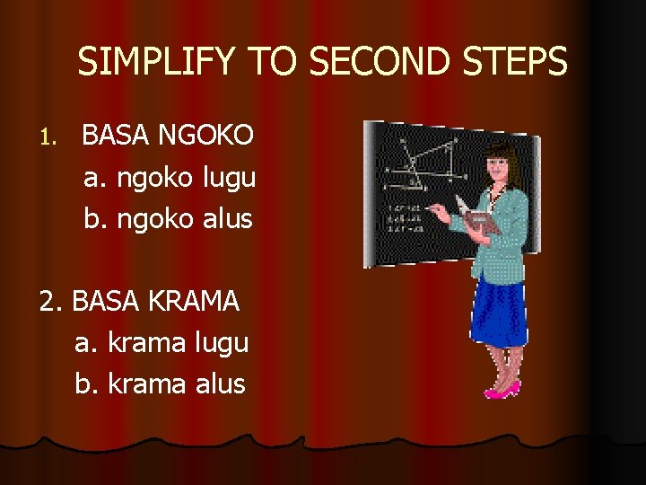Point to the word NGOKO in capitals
point(206,137)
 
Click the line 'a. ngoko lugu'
point(170,178)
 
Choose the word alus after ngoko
point(227,219)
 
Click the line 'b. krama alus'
point(160,384)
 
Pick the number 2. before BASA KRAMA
point(52,302)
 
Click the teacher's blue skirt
point(499,310)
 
